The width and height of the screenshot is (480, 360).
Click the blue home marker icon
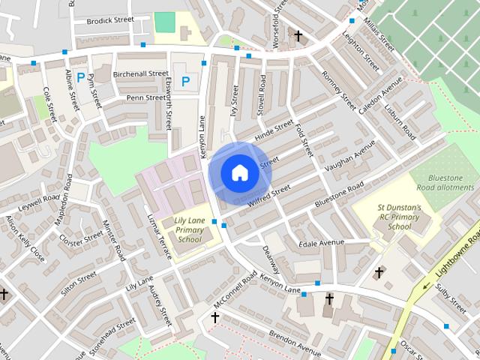[239, 172]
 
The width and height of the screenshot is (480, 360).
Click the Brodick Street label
[109, 20]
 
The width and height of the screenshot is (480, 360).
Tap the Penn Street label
[145, 97]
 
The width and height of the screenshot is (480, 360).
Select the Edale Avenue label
[320, 243]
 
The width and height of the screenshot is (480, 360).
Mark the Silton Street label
[78, 284]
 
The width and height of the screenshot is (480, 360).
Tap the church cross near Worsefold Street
[298, 35]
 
